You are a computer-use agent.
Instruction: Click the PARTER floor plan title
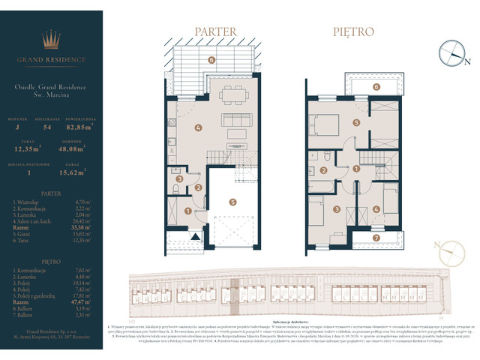coord(216,32)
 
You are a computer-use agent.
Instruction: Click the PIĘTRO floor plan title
coord(354,32)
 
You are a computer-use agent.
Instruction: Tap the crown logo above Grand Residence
coord(52,38)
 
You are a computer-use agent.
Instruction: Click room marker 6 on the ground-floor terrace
coord(211,59)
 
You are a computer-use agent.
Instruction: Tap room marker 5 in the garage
coord(233,201)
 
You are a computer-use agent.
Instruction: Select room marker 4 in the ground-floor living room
coord(198,127)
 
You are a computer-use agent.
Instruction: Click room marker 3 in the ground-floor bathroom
coord(178,178)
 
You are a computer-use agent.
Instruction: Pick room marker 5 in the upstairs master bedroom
coord(358,122)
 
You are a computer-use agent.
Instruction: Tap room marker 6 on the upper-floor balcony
coord(376,86)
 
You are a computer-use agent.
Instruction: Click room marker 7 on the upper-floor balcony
coord(376,238)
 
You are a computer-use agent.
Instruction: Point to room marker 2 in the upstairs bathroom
coord(322,171)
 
